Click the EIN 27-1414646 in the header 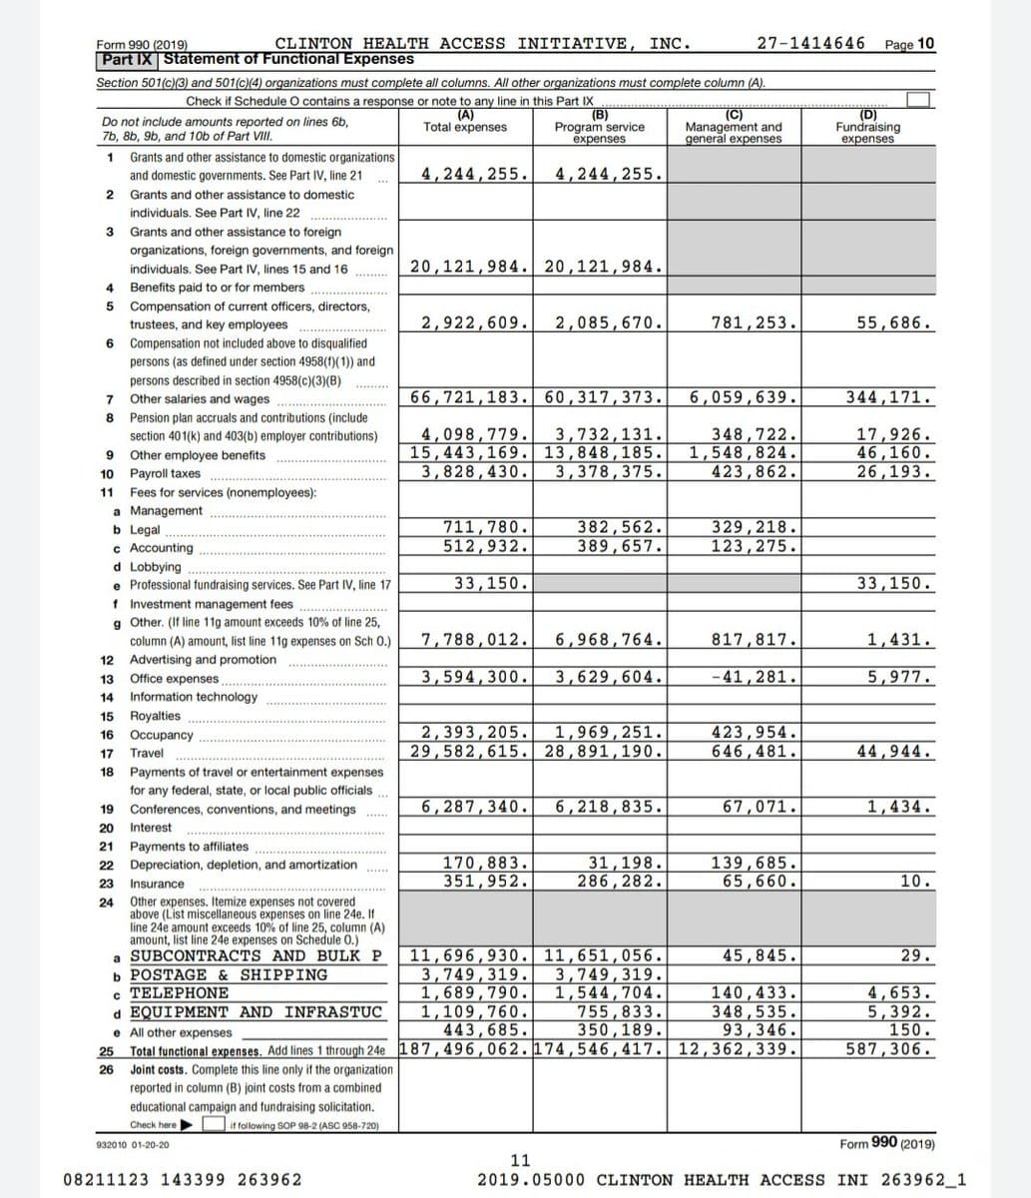click(811, 43)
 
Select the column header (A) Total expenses click(464, 122)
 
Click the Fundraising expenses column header click(867, 127)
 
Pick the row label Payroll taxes click(165, 474)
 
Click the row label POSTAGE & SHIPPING click(229, 974)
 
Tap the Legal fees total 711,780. click(486, 527)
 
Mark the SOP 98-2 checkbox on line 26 click(213, 1124)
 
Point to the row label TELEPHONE click(180, 993)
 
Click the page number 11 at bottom click(520, 1160)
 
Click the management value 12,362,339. click(738, 1049)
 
